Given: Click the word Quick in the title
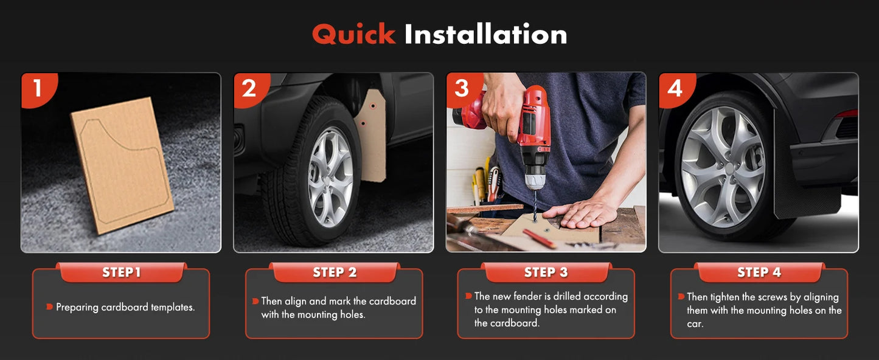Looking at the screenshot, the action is pos(353,35).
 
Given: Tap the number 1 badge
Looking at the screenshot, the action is pos(38,89).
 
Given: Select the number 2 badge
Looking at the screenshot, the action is pos(250,89).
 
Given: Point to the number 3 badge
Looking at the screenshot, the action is pos(462,89).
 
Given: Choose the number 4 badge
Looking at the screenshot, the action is pos(675,89).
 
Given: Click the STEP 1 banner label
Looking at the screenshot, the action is pos(121,272).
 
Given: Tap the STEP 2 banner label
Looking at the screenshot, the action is pos(335,272).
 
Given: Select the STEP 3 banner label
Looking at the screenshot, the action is pos(546,272).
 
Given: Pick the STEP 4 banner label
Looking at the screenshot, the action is pos(759,272).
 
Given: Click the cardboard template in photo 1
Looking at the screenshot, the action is pos(122,165).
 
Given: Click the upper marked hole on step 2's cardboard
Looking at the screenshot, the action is pos(373,106).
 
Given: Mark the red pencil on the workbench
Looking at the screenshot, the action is pos(539,239).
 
